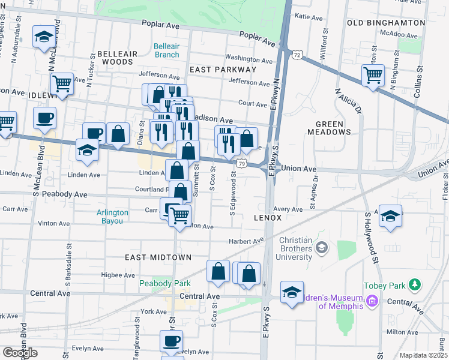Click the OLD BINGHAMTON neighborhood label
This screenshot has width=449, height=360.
click(386, 23)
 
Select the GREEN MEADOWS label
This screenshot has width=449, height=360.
click(330, 128)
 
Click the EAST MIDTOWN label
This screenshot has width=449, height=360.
click(158, 257)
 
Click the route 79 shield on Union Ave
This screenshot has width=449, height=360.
click(240, 163)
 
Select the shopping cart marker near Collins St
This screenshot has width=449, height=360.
click(373, 75)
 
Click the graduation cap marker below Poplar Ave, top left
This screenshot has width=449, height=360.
click(44, 37)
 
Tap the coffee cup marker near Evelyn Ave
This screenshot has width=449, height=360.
click(170, 341)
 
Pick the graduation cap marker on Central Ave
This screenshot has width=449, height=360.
click(292, 292)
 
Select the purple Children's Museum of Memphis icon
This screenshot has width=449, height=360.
click(372, 299)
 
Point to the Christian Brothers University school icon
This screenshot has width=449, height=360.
click(322, 247)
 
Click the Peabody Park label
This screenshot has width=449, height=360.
click(165, 283)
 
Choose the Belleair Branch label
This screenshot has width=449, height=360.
click(166, 50)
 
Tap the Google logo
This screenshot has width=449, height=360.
click(20, 353)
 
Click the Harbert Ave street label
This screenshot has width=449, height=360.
click(246, 241)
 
